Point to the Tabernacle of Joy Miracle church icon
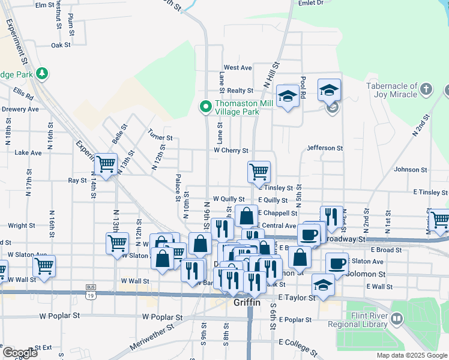tap(426, 90)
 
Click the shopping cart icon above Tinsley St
tap(259, 172)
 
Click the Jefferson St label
tap(324, 148)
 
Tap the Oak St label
tap(61, 45)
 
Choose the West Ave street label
tap(238, 68)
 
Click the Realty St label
tap(240, 91)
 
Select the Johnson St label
tap(410, 170)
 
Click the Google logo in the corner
tap(19, 353)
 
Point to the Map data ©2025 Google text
tap(411, 355)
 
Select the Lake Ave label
tap(28, 153)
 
